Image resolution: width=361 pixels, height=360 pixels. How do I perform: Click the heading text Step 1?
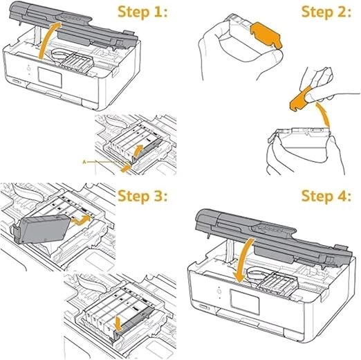142,12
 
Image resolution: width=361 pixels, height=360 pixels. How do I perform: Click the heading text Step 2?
326,12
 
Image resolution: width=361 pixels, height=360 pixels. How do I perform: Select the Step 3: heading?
142,197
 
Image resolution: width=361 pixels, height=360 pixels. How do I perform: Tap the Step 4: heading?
326,197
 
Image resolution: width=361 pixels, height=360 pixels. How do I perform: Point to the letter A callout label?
84,162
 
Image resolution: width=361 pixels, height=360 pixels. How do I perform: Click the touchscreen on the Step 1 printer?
50,78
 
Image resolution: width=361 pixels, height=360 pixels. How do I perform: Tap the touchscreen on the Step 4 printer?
245,302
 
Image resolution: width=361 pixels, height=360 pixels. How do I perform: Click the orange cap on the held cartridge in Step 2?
266,35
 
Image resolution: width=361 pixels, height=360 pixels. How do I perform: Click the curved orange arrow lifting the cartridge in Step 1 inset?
138,152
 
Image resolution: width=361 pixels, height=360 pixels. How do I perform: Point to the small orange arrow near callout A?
125,169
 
